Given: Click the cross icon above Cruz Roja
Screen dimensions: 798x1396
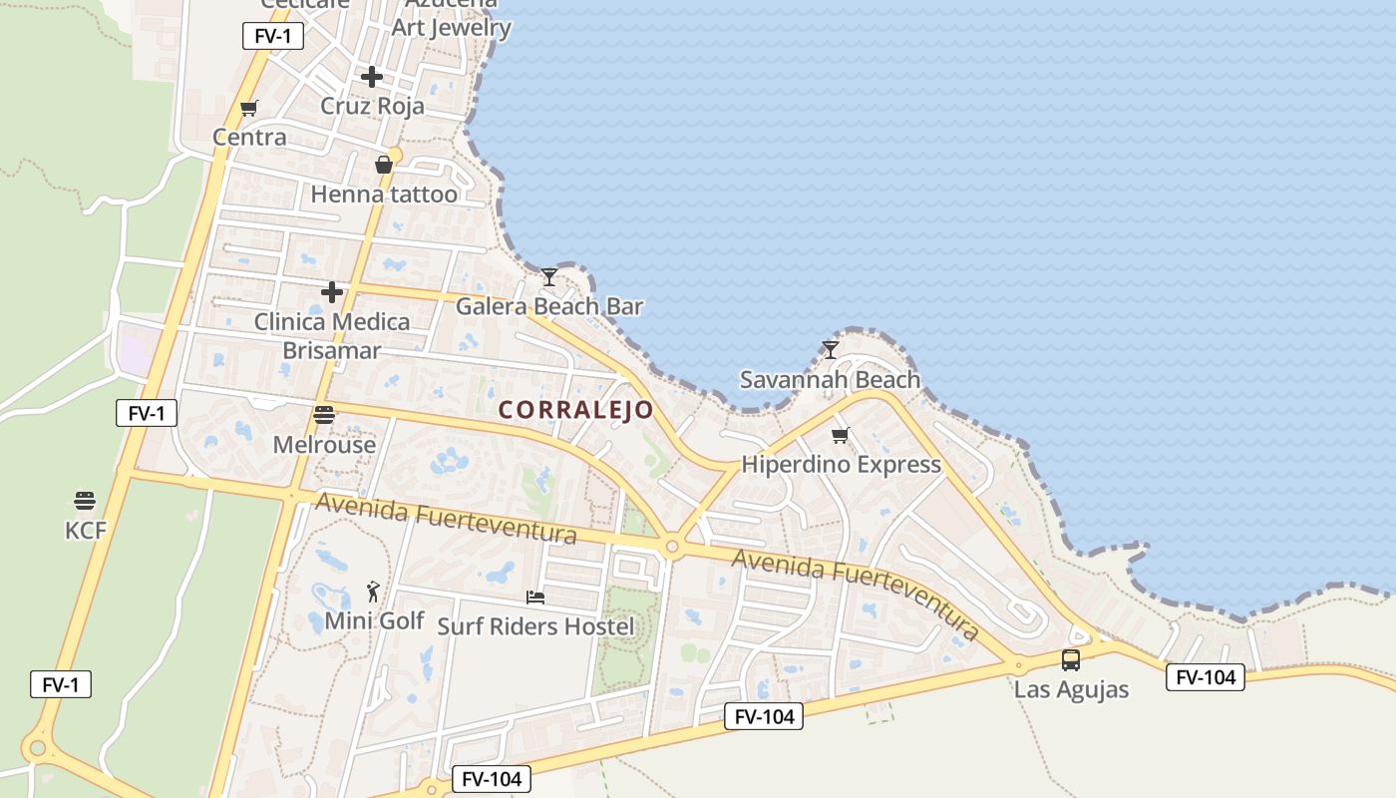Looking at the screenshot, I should pos(372,77).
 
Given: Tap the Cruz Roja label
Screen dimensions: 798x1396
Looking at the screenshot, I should pos(372,106).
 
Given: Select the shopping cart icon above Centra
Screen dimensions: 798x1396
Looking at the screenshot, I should pos(249,109).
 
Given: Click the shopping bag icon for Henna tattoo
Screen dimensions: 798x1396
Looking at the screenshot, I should pos(384,165).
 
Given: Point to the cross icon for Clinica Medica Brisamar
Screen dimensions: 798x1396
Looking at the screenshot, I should pos(332,292).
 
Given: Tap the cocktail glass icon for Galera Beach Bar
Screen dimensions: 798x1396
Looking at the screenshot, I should pos(549,277).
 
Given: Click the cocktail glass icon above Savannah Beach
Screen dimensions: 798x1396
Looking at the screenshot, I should pos(831,350).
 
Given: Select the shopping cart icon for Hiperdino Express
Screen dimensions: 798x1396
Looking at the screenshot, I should pos(841,436).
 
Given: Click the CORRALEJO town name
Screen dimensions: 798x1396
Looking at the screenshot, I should pos(576,410).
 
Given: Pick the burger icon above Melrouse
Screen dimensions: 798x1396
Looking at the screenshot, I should pos(324,415).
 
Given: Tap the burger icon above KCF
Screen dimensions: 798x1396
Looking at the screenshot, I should pos(85,500).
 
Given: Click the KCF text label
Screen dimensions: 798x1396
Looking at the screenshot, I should pos(86,531).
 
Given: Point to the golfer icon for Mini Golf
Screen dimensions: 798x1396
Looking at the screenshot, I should pos(373,592).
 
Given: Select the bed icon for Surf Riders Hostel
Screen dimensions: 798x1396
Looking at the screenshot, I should pos(535,598).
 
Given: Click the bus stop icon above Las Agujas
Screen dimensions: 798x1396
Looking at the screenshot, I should pos(1071,660).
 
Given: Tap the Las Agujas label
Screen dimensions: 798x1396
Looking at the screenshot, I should pos(1072,689).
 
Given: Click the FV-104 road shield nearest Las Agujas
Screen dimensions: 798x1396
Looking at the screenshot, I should pos(1206,677).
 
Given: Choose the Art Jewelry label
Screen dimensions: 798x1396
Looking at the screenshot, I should pos(451,27).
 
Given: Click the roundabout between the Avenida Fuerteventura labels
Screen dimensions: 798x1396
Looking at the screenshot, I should pos(672,547).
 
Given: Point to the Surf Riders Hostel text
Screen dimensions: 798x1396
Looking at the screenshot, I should pos(535,626).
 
